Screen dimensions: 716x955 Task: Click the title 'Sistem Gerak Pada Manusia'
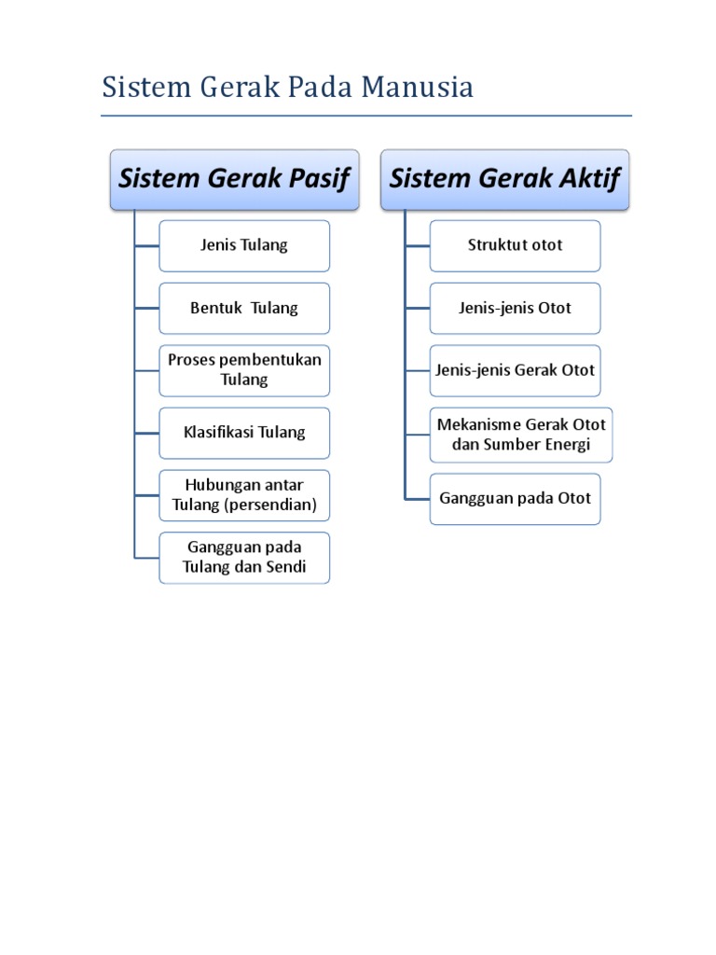coord(287,87)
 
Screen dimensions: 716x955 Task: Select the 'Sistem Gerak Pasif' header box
coord(234,180)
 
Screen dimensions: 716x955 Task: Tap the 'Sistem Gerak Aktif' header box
coord(504,180)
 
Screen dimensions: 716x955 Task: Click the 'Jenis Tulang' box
coord(244,246)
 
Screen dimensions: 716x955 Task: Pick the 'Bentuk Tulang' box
coord(244,308)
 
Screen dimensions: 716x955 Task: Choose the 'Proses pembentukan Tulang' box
coord(244,370)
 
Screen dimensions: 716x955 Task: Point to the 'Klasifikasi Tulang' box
coord(244,433)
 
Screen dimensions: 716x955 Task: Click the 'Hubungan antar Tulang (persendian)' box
coord(244,495)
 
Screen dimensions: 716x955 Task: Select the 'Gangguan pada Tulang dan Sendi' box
coord(244,558)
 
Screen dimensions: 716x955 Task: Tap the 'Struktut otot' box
coord(515,246)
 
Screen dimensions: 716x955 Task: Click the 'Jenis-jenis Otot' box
coord(515,308)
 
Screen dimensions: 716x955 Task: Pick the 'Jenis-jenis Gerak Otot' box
coord(515,370)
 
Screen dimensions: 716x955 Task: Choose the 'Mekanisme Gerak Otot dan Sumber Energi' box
coord(521,435)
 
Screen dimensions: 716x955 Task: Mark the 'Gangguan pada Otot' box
coord(515,499)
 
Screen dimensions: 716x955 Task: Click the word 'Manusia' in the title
coord(417,87)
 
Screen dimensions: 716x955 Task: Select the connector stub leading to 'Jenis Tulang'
coord(146,246)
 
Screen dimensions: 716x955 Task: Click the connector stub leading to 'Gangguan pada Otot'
coord(418,500)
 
